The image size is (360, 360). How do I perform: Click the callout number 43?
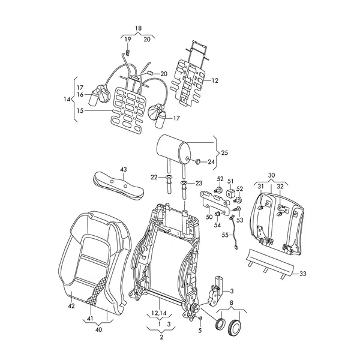123,169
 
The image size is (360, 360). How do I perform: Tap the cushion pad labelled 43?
118,185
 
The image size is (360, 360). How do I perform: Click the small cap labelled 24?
197,161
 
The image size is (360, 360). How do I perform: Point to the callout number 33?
303,274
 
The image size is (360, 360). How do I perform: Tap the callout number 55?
225,235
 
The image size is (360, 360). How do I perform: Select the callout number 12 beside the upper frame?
215,80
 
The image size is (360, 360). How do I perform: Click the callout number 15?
80,110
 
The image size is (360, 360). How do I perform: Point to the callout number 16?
80,94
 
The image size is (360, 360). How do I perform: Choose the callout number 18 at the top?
138,28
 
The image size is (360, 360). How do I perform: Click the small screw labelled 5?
200,318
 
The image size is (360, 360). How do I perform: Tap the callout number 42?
71,306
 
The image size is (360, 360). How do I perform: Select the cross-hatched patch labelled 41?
97,291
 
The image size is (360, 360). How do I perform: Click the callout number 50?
209,217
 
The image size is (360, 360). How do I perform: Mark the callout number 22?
154,177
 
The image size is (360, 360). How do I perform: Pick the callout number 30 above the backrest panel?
271,175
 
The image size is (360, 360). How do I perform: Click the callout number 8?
231,303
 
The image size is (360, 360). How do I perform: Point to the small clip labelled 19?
128,53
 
